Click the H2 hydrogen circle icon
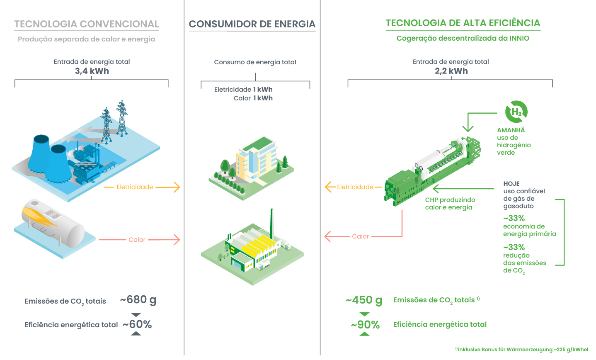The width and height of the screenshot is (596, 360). (x=516, y=112)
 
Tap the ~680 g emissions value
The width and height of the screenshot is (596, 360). (x=138, y=300)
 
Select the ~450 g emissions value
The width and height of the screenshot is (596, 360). (x=364, y=300)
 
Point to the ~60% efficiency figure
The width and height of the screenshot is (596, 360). (x=137, y=324)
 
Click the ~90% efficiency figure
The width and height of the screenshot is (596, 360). (x=365, y=325)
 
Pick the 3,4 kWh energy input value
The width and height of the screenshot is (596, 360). (x=92, y=71)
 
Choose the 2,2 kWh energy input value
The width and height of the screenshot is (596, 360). (x=451, y=71)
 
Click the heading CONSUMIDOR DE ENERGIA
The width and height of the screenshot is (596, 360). (x=252, y=24)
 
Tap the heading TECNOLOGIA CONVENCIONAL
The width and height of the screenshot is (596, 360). (x=87, y=24)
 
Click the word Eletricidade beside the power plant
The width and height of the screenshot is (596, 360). (x=135, y=187)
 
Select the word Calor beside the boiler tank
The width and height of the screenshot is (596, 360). (x=137, y=240)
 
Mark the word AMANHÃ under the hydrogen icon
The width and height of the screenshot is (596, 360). (x=511, y=130)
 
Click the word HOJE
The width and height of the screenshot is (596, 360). (x=511, y=184)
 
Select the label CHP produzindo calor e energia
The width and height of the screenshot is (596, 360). (x=450, y=204)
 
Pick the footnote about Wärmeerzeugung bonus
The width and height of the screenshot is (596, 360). (x=522, y=350)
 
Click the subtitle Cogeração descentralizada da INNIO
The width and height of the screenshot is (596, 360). (x=463, y=38)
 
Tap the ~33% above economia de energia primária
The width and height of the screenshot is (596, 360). (x=514, y=218)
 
